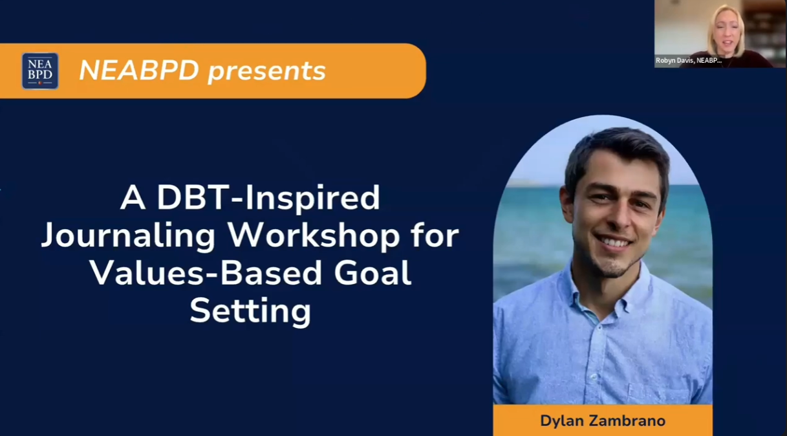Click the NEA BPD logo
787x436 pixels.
pos(40,71)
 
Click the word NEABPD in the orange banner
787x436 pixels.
pos(138,71)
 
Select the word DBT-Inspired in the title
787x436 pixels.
pos(268,198)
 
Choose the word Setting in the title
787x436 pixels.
pos(250,311)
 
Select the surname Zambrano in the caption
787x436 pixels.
pos(628,421)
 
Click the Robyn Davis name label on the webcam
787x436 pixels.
pos(688,60)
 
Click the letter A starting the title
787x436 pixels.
pos(133,198)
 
